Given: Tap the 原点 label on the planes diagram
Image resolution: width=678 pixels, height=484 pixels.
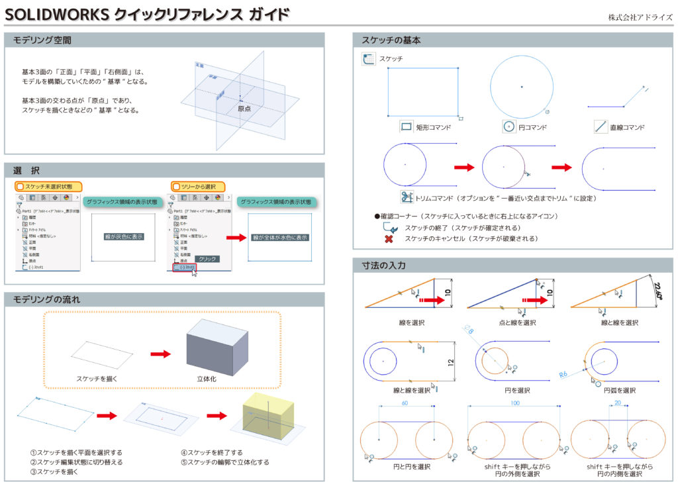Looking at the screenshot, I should (x=244, y=108).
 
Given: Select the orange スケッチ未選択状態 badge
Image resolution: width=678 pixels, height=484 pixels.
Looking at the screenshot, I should (x=48, y=187).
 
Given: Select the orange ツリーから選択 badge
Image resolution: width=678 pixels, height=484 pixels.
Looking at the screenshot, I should (x=198, y=187).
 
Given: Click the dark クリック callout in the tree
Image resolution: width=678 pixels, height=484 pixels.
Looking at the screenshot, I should (x=207, y=260).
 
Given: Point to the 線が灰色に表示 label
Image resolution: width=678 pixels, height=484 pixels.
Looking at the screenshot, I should (x=123, y=236).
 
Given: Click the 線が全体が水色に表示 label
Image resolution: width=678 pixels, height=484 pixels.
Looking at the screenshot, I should (x=280, y=237).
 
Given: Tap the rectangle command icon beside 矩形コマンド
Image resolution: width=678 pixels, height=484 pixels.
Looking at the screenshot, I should (x=407, y=126).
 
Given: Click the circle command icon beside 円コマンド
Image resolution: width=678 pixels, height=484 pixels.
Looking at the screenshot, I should (x=508, y=126).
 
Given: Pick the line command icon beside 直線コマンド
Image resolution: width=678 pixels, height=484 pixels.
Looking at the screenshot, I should (x=601, y=126).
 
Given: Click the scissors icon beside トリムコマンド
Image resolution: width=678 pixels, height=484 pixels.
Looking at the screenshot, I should (x=407, y=197).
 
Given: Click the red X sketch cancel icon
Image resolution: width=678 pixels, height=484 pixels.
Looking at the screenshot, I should (x=389, y=238).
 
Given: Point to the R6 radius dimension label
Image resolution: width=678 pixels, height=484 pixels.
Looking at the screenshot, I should (x=564, y=375).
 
